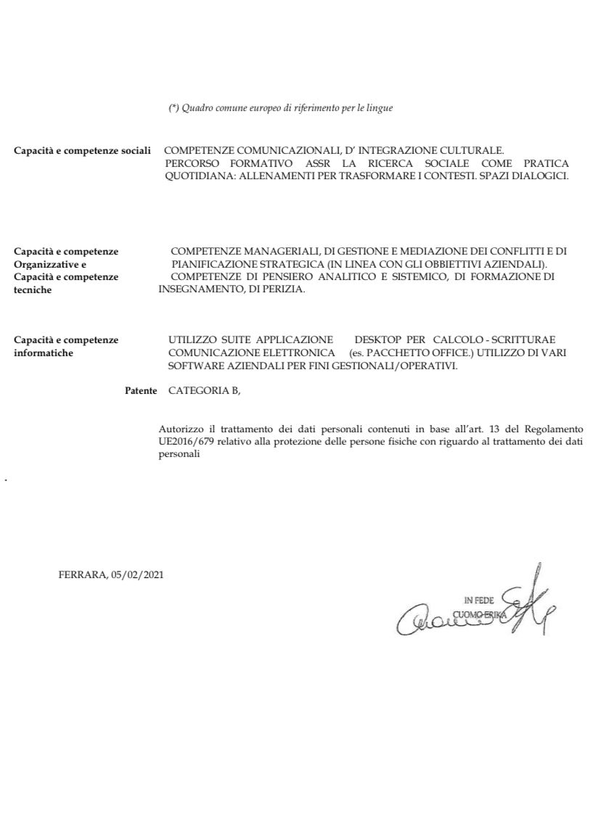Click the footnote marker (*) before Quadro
(x=173, y=108)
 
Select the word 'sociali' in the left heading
(x=135, y=150)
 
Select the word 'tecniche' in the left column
(x=33, y=289)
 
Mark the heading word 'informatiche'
(x=43, y=352)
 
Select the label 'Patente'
(x=141, y=390)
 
